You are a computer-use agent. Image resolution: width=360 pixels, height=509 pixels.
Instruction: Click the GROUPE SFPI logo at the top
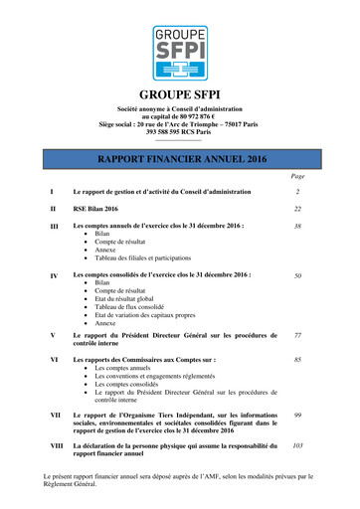(180, 52)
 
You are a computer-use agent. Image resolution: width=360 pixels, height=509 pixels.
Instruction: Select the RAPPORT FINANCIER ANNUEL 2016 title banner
(180, 158)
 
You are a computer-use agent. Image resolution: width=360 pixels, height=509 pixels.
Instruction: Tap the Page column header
(298, 175)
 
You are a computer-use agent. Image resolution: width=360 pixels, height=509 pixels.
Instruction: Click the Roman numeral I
(51, 190)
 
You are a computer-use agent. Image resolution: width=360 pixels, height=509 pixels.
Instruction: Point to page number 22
(297, 209)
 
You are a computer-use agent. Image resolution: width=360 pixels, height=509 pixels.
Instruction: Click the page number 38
(297, 227)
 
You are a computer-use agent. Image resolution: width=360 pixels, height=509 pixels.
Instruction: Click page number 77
(297, 336)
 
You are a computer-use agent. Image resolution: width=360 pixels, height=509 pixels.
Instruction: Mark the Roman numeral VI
(54, 358)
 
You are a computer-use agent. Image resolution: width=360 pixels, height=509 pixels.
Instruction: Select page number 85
(297, 358)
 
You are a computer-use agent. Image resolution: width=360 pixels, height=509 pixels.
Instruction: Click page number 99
(297, 414)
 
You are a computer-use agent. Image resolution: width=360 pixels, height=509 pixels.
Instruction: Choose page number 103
(297, 447)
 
